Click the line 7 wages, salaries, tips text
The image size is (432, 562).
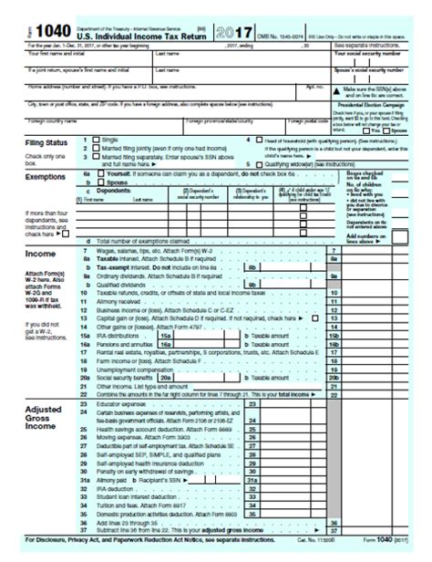click(x=156, y=249)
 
